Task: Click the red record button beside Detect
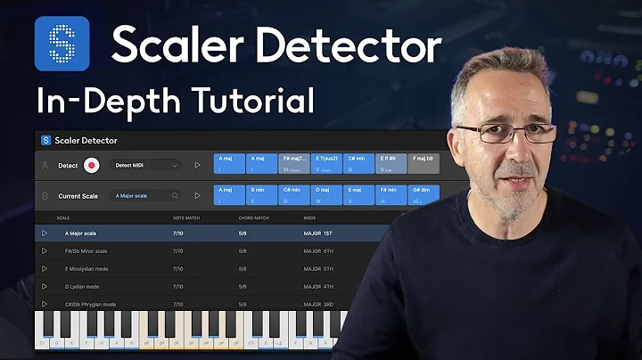click(x=91, y=166)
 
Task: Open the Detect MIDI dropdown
click(x=146, y=166)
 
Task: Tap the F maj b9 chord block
click(x=424, y=164)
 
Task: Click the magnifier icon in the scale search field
click(x=176, y=195)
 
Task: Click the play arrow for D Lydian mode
click(x=45, y=287)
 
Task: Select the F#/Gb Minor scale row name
click(x=86, y=251)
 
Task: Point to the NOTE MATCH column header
click(x=185, y=217)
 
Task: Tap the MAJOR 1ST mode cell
click(x=318, y=233)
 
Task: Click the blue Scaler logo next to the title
click(x=62, y=44)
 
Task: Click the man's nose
click(x=525, y=147)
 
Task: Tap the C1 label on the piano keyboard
click(x=41, y=342)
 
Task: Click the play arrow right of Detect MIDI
click(x=198, y=166)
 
